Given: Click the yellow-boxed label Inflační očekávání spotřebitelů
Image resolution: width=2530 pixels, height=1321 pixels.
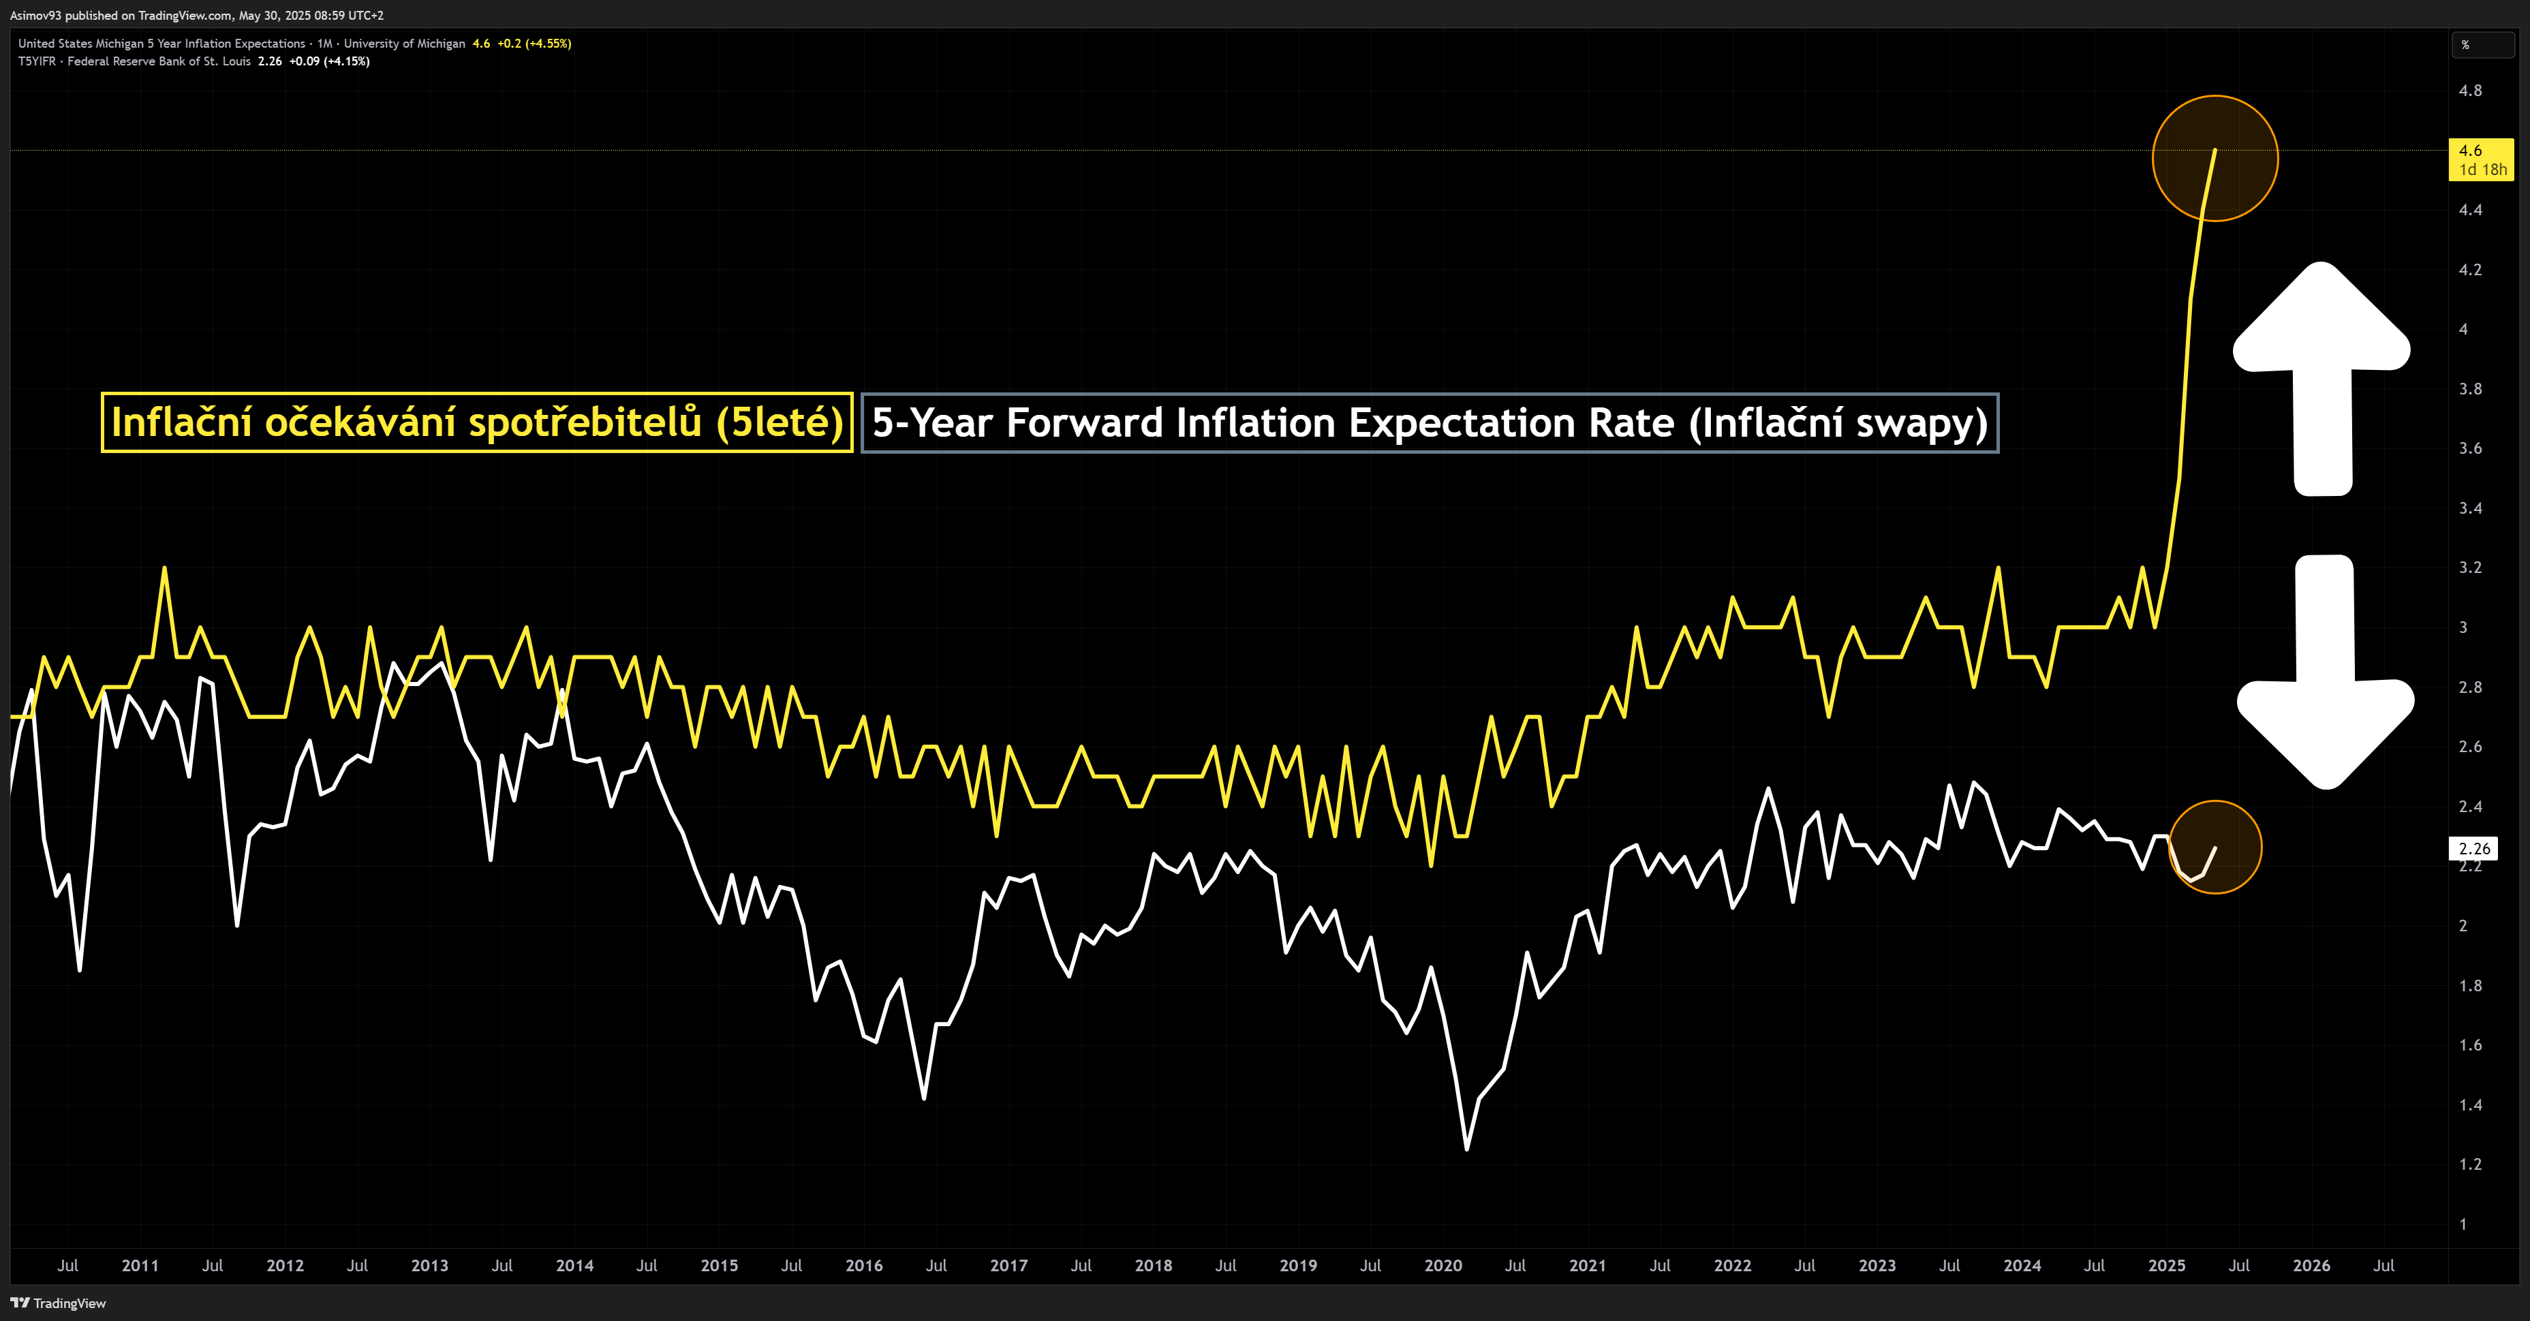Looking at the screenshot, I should click(476, 422).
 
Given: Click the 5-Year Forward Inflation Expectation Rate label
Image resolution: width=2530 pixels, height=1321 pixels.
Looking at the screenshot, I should click(1429, 422).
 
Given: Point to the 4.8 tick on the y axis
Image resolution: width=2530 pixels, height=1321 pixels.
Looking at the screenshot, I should click(2470, 91).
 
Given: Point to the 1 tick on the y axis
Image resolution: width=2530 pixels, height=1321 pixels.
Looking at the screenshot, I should click(2463, 1224).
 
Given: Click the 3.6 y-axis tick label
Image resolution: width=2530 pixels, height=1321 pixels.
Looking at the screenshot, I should click(2470, 448).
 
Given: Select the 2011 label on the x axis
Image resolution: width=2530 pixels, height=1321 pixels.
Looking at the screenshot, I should click(140, 1265).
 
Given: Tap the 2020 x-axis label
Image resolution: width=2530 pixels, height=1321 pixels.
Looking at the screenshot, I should click(1443, 1265).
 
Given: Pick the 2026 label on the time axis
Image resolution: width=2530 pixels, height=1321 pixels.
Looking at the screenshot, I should click(2311, 1265).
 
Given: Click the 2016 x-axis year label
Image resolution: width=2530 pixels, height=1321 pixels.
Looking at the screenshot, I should click(863, 1265).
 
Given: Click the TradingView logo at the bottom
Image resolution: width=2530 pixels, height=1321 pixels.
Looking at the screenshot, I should click(59, 1303).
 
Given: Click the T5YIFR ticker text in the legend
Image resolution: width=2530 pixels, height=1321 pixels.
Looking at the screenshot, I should click(36, 61).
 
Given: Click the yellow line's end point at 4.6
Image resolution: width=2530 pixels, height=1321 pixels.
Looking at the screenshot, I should click(2215, 151).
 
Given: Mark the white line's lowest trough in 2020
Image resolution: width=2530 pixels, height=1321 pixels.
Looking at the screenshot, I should click(1466, 1148).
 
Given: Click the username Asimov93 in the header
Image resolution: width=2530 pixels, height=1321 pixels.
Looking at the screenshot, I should click(35, 15).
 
